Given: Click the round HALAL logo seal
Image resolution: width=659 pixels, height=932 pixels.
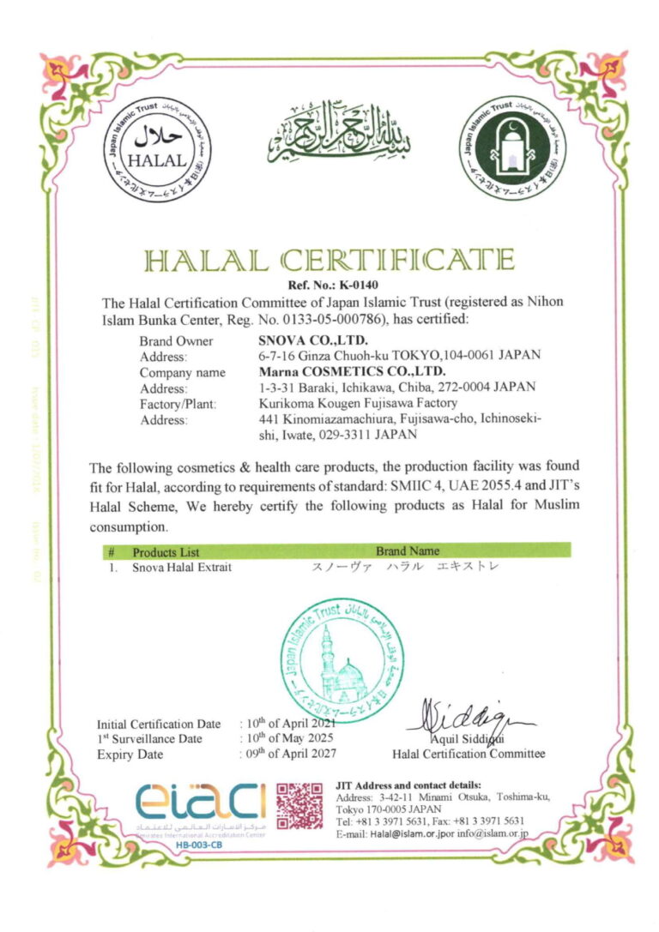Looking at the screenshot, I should coord(156,150).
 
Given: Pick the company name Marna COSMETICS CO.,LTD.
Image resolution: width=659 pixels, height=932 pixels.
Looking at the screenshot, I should coord(352,371).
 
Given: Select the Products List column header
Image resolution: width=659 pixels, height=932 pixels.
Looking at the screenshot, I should coord(166,551).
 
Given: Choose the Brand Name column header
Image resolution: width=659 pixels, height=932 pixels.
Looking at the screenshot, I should coord(407,550).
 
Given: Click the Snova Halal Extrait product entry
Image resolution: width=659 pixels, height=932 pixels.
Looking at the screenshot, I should coord(182,567).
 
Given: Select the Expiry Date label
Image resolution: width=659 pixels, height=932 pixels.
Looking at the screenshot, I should coord(130,755).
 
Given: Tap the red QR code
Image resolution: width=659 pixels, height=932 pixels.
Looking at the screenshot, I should coord(299,804).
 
